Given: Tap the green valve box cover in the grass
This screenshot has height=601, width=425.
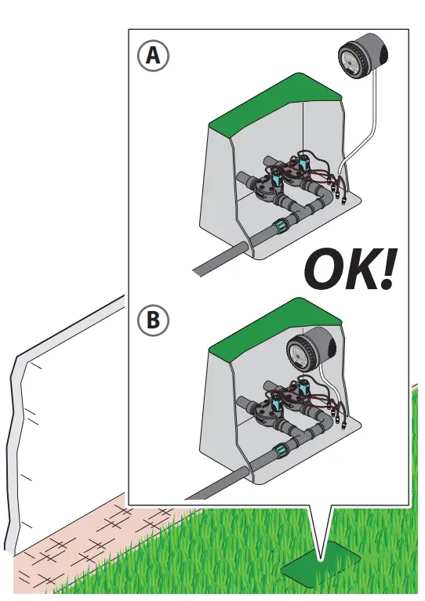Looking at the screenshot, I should coord(321,566).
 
